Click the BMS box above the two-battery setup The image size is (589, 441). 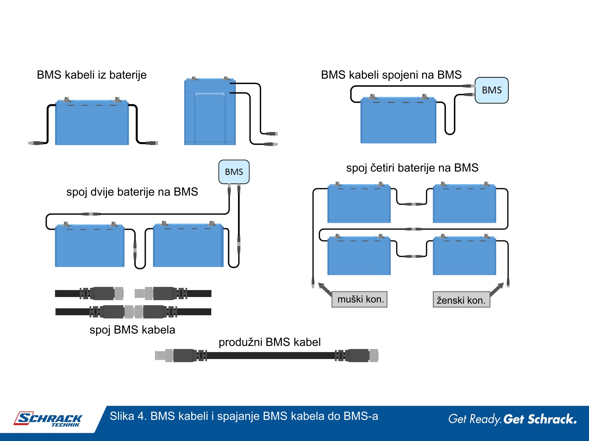pyautogui.click(x=234, y=172)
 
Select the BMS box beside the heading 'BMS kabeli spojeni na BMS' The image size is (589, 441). pyautogui.click(x=491, y=90)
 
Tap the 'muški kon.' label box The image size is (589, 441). pyautogui.click(x=359, y=299)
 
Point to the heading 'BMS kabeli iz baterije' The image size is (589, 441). pyautogui.click(x=92, y=75)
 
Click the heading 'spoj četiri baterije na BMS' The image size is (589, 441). pyautogui.click(x=412, y=168)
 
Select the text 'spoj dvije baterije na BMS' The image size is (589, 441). pyautogui.click(x=132, y=192)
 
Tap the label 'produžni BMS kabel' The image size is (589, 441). pyautogui.click(x=269, y=342)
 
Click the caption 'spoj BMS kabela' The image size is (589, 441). pyautogui.click(x=132, y=330)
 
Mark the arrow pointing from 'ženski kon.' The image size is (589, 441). pyautogui.click(x=497, y=289)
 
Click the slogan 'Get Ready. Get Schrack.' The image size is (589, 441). pyautogui.click(x=512, y=419)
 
